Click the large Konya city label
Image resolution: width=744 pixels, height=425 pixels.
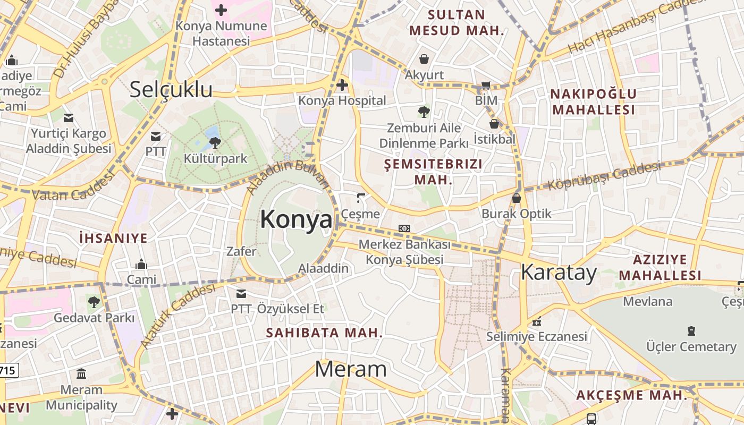coord(296,219)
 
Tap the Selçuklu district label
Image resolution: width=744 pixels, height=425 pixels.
coord(171,90)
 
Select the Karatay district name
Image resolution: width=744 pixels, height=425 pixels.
coord(559,272)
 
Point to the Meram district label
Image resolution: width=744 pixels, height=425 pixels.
coord(351,369)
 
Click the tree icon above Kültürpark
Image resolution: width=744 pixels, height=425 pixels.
coord(215,142)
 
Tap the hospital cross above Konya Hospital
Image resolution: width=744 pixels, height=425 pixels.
coord(342,84)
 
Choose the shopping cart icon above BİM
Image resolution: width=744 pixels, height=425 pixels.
coord(486,85)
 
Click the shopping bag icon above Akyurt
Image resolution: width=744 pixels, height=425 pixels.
coord(424,58)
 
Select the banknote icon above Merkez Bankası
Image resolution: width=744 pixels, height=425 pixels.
coord(404,228)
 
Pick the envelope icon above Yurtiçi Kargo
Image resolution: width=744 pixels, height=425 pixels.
coord(69,117)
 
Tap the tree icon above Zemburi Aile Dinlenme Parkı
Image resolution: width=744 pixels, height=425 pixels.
coord(424,112)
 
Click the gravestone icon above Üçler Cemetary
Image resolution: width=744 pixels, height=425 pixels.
coord(691,331)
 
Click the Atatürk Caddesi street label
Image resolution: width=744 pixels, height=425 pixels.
coord(178,316)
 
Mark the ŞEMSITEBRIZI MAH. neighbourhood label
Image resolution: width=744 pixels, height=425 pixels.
coord(433,172)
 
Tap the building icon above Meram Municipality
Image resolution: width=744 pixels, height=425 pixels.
coord(81,374)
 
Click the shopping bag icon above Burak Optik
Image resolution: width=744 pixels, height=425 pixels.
coord(516,198)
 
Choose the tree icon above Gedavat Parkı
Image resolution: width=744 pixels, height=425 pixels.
coord(94,302)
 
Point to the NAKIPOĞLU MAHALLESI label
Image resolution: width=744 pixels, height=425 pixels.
coord(593,102)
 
